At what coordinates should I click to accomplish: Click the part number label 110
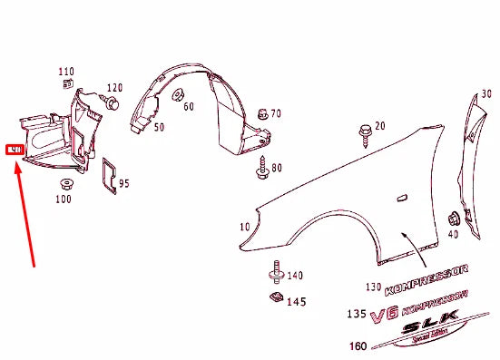pos(65,71)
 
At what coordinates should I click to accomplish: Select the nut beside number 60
pos(177,94)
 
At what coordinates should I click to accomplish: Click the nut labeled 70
pos(261,114)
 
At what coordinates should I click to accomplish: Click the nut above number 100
pos(64,186)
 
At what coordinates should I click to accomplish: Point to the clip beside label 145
pos(274,297)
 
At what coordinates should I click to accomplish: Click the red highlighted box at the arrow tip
pos(15,149)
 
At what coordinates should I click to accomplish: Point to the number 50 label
pos(158,127)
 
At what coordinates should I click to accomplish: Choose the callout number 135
pos(357,315)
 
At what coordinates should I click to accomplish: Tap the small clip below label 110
pos(67,83)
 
